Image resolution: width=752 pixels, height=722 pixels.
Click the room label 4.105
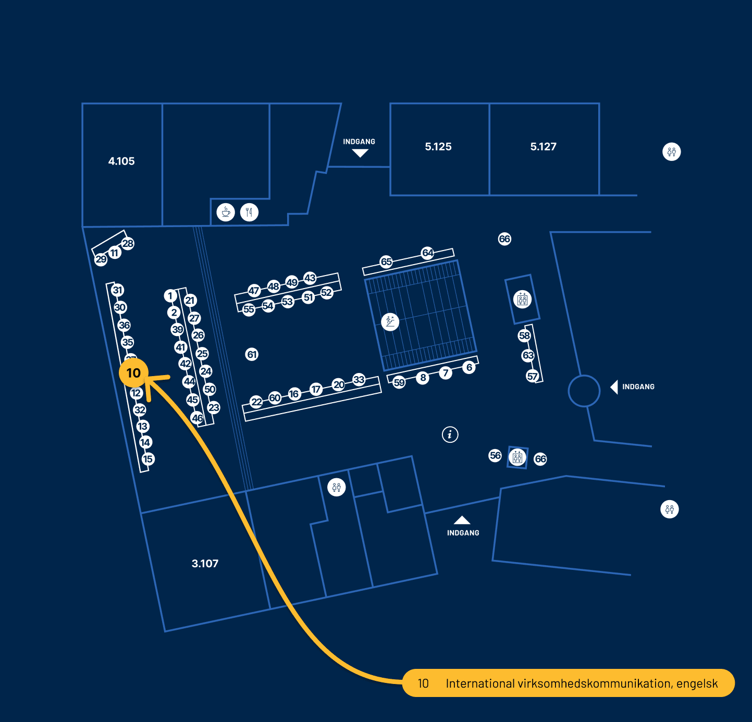point(121,161)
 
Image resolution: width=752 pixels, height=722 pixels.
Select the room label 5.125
point(438,147)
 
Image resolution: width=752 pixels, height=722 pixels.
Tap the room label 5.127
point(544,147)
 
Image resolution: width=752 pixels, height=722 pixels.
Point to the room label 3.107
point(205,564)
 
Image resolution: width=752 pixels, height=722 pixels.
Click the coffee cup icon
point(226,212)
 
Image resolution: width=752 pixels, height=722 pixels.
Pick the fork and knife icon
point(250,212)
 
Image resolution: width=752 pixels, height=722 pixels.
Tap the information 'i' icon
point(450,434)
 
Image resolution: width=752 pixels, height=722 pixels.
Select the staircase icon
point(390,321)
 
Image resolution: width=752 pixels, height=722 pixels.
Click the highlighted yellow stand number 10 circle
point(134,373)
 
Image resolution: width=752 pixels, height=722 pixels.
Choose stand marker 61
point(252,355)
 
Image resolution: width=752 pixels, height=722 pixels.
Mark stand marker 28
point(128,243)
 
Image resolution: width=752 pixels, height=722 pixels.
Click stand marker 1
point(170,296)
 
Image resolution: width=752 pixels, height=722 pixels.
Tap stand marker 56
point(495,456)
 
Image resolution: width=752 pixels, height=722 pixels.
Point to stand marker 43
point(310,278)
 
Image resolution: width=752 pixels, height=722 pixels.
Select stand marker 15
point(148,459)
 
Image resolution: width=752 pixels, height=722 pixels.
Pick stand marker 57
point(532,376)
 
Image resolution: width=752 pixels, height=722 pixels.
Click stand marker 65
point(386,262)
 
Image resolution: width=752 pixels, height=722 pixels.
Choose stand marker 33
point(359,380)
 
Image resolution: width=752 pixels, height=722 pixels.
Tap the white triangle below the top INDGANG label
point(360,153)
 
